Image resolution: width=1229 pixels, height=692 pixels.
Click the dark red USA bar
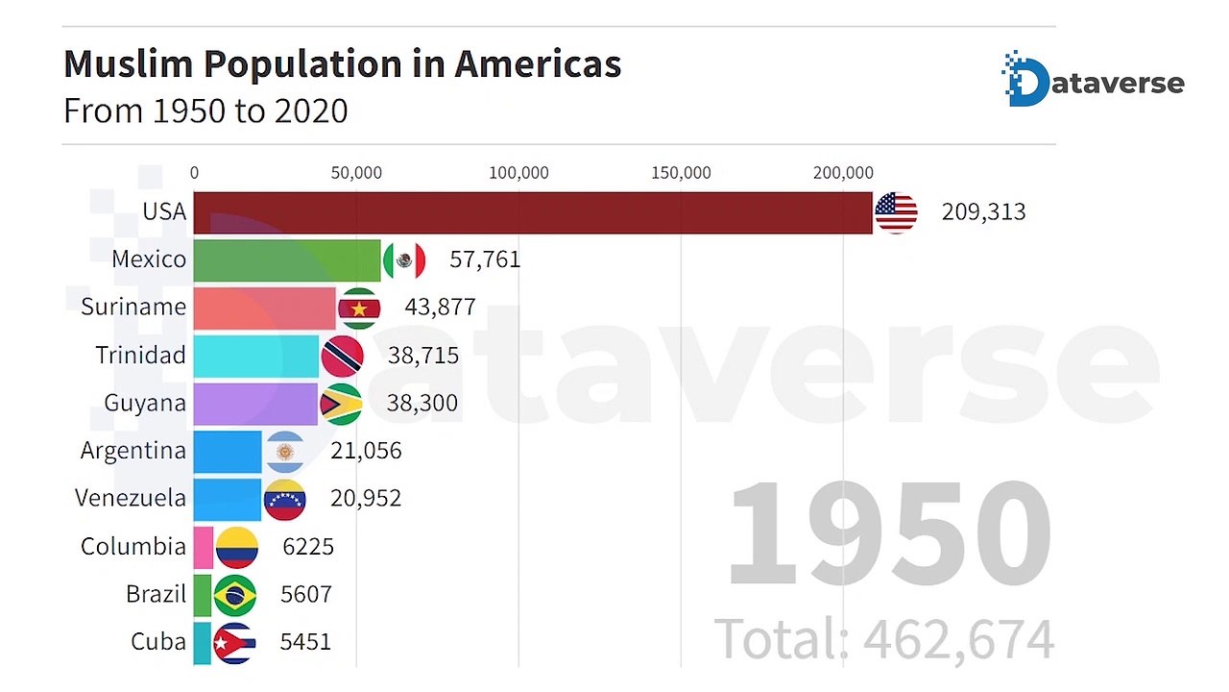point(533,212)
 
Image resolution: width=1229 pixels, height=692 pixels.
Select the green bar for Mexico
point(287,259)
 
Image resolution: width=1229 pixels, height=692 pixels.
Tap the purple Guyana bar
point(255,403)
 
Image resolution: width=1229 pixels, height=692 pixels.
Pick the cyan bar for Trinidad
point(256,356)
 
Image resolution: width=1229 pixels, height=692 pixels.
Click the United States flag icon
point(896,212)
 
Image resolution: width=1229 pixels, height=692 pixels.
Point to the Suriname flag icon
point(359,308)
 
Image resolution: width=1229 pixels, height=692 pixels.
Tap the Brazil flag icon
point(235,595)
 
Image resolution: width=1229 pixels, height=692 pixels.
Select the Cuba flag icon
point(234,642)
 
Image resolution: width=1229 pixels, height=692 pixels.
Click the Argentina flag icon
point(284,451)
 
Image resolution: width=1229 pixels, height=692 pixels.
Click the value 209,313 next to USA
point(983,212)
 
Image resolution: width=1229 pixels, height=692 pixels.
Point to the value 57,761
point(485,259)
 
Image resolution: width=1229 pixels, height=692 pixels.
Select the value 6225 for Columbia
point(308,547)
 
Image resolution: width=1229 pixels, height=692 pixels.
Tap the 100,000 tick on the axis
point(518,173)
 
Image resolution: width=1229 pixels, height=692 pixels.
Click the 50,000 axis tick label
point(356,173)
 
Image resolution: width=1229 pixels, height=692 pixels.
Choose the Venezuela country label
point(131,498)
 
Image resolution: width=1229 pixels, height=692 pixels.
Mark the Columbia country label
point(133,546)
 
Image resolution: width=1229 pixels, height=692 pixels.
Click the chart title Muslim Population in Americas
point(342,64)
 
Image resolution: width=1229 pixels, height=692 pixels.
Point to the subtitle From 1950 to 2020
point(205,111)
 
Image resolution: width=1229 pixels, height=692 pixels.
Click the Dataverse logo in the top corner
point(1093,81)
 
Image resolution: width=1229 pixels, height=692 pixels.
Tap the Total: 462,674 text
point(883,639)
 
